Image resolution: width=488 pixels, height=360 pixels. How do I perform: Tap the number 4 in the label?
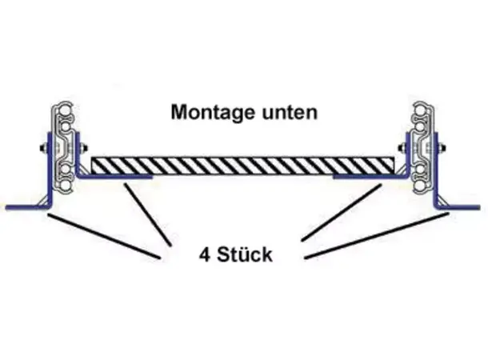tap(203, 256)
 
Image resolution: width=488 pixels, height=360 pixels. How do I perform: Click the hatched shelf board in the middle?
tap(244, 166)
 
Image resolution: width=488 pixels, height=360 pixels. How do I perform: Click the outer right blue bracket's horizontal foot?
tap(464, 208)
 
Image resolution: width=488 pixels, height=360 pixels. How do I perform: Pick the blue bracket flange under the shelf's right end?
tap(364, 177)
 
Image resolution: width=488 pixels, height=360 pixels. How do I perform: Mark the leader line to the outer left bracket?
tap(104, 236)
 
